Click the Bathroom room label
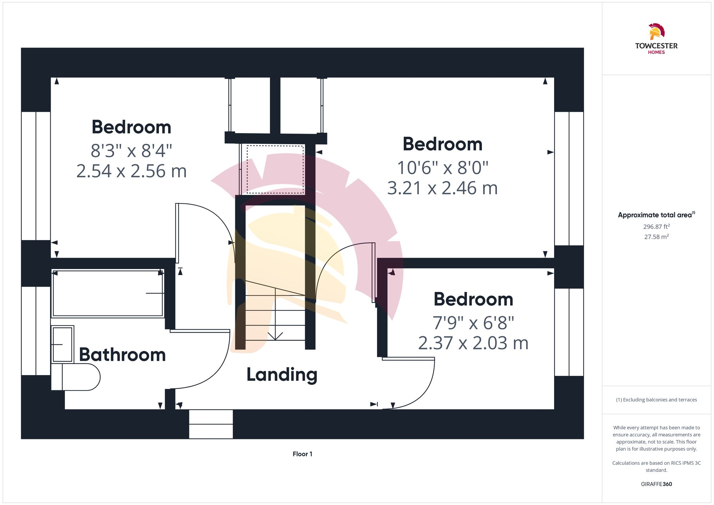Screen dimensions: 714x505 122,355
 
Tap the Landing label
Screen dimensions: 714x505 282,375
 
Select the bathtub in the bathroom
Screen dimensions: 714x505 108,293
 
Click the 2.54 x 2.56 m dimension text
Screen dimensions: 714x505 131,171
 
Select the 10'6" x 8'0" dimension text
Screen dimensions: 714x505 443,168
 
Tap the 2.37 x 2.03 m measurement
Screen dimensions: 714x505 473,343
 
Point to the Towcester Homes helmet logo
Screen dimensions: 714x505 657,32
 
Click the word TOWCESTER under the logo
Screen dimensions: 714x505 657,46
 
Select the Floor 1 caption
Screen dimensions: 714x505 302,454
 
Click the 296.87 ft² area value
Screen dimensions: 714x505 657,227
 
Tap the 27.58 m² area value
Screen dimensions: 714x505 657,237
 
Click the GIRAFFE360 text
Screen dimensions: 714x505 657,484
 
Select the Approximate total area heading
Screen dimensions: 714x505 657,215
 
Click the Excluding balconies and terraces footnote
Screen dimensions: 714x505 657,400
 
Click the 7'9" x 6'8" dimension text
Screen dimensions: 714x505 473,323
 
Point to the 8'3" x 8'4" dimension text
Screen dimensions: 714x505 131,151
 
